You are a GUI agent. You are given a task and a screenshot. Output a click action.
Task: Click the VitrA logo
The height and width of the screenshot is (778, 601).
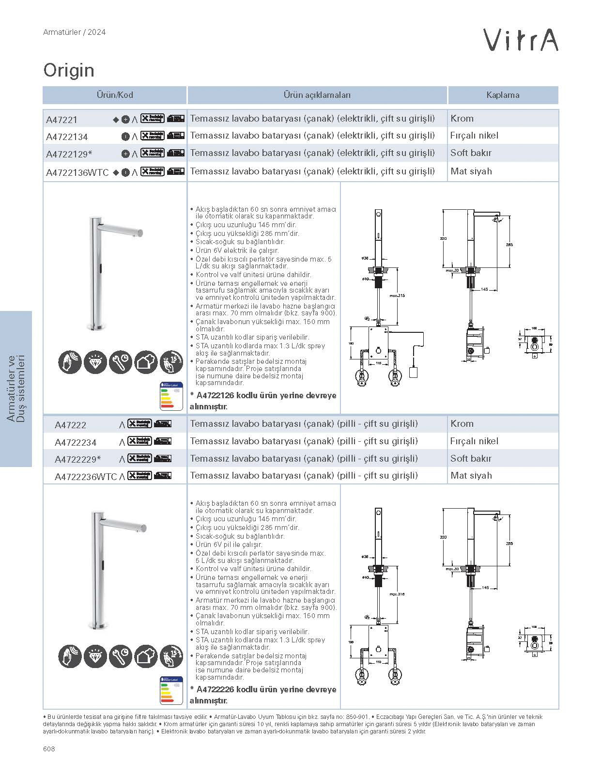[x=522, y=40]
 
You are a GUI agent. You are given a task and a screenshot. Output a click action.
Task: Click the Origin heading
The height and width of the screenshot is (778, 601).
[x=69, y=70]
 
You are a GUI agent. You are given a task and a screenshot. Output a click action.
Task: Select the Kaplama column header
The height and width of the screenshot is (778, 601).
[x=503, y=95]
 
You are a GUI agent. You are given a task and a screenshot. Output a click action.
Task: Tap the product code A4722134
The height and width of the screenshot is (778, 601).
[x=67, y=137]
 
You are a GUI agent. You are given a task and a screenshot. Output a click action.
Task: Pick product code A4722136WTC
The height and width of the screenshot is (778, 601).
[x=77, y=172]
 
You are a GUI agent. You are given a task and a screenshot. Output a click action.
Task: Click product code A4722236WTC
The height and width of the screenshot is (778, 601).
[x=86, y=477]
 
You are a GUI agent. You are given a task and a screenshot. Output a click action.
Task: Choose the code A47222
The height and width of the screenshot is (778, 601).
[x=70, y=425]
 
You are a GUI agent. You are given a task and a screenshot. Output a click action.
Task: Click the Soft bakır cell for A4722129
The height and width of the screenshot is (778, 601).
[x=471, y=153]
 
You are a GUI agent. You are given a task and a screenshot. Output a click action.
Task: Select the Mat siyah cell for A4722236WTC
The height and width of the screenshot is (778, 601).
[x=471, y=476]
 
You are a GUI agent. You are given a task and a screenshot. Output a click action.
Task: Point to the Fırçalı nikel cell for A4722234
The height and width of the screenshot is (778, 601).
[x=474, y=441]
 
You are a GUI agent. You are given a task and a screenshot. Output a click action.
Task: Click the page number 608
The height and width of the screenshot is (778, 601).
[x=49, y=749]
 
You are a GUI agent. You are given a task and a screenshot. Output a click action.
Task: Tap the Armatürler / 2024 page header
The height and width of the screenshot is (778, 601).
[x=74, y=32]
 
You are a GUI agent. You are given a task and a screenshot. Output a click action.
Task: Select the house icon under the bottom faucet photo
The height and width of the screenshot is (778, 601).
[x=146, y=656]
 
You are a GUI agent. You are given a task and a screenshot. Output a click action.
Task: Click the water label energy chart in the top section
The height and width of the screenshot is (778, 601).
[x=171, y=396]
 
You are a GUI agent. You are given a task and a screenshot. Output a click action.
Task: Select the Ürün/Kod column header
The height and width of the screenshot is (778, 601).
[x=115, y=95]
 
